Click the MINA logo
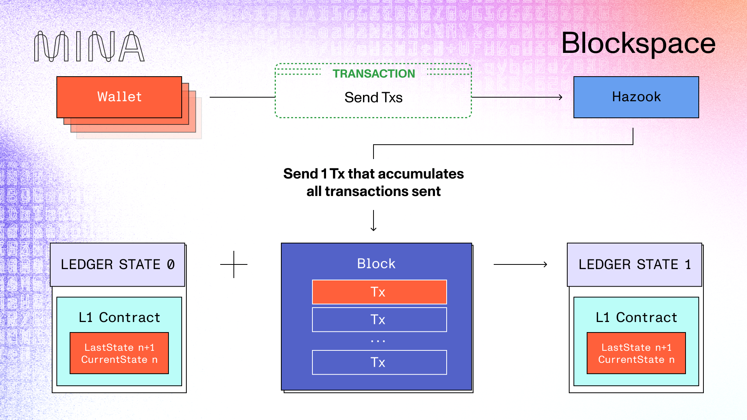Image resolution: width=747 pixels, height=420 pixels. (89, 47)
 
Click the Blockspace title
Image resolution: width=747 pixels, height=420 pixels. (638, 44)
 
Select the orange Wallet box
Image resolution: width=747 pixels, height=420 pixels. (119, 97)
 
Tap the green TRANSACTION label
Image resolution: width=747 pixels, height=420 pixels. (373, 73)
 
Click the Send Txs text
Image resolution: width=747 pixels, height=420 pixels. (373, 98)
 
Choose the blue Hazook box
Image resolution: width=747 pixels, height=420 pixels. (636, 97)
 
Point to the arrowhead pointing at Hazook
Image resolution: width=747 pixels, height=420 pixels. (560, 97)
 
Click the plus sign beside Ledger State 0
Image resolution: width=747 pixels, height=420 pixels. (234, 264)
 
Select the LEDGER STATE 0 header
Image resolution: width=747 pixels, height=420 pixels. (117, 264)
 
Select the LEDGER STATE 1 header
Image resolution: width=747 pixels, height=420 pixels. (634, 264)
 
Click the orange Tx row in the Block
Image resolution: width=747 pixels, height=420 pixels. (379, 292)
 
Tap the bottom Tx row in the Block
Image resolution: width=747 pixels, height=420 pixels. (379, 362)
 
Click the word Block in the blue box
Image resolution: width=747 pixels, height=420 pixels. (376, 264)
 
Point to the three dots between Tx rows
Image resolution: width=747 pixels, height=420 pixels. (378, 341)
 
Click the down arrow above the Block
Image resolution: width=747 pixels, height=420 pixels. (373, 221)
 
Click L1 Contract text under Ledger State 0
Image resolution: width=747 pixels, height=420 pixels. (119, 317)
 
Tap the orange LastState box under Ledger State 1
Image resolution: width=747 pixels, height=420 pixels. (636, 353)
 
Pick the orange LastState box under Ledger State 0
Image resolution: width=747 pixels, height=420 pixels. (119, 353)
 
